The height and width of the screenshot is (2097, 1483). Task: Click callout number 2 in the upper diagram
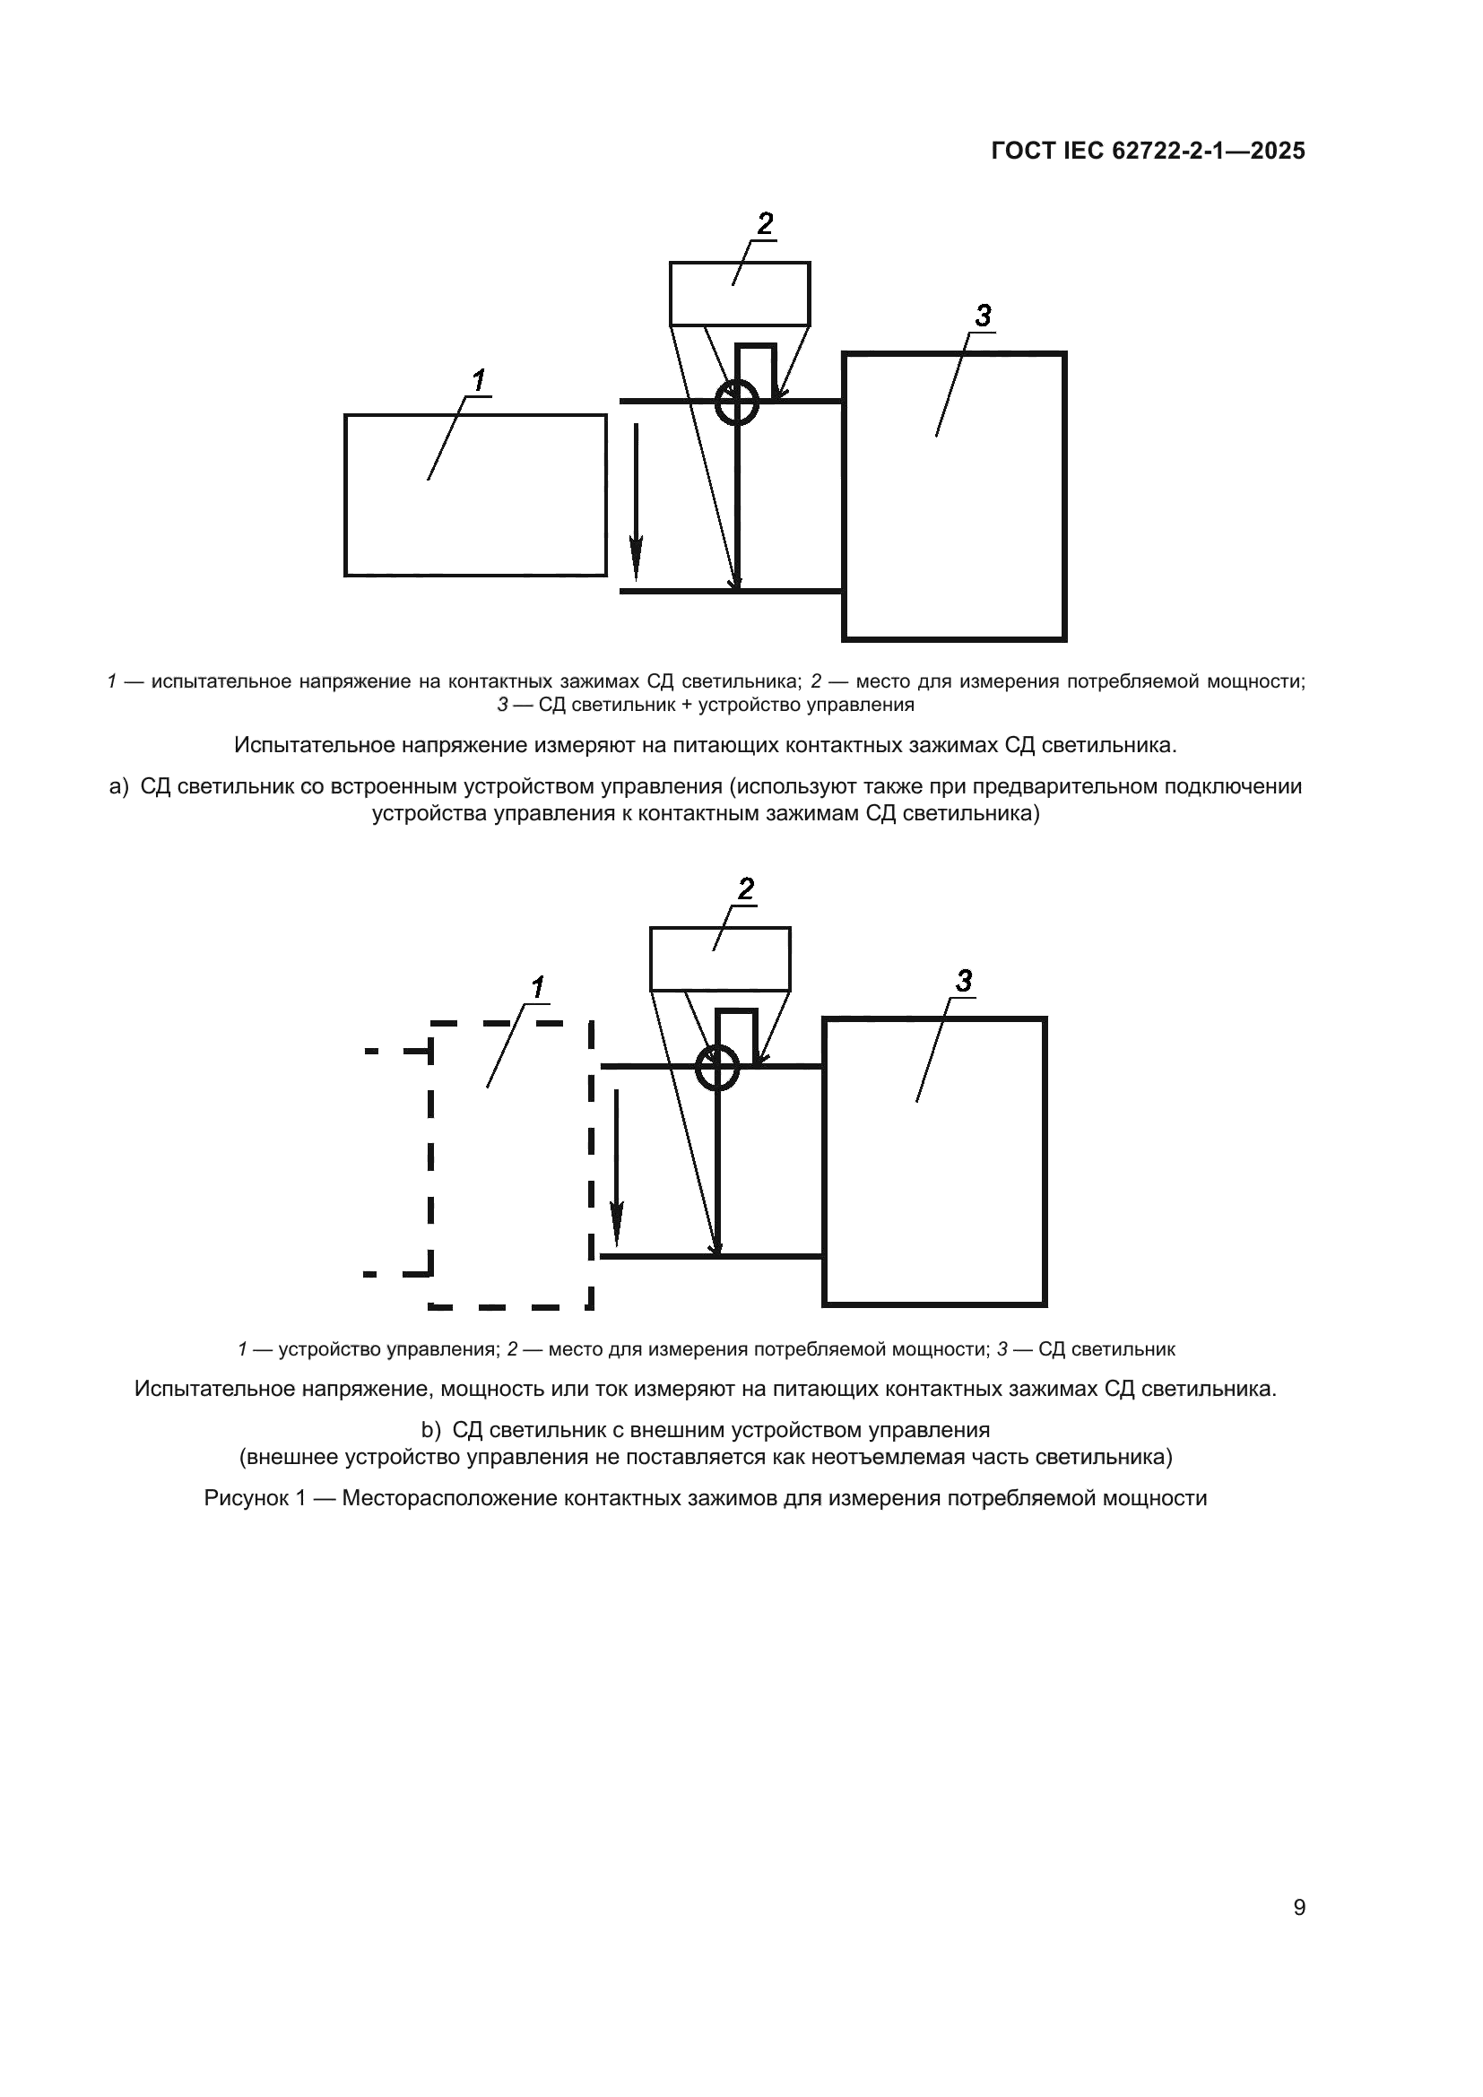point(764,223)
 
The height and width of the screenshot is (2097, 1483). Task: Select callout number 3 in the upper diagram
point(982,316)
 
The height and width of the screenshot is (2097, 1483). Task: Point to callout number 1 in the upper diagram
point(479,379)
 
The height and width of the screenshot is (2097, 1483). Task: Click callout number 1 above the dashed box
point(538,987)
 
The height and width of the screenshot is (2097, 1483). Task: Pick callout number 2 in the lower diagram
point(745,888)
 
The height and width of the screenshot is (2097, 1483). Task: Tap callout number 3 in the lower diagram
point(962,982)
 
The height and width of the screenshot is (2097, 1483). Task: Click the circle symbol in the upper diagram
point(736,403)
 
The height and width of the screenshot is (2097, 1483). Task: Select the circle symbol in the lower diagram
point(717,1068)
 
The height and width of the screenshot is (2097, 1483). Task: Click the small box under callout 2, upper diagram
point(740,294)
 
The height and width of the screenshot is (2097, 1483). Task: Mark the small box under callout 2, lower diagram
point(720,959)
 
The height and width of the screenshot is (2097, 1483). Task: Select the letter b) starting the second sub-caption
point(430,1429)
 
